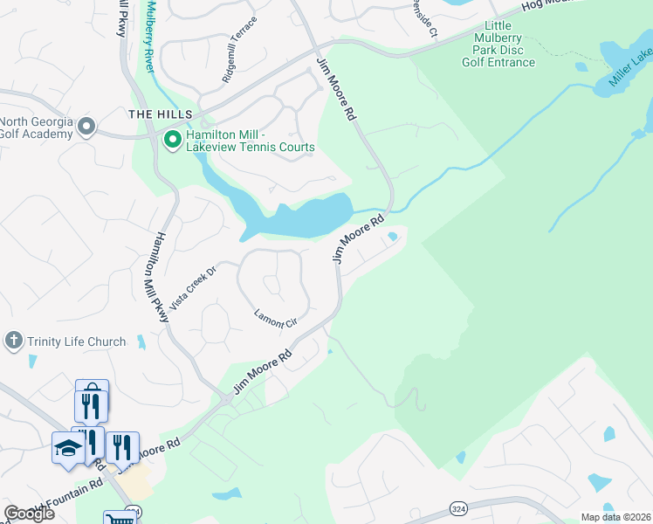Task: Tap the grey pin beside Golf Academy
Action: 86,128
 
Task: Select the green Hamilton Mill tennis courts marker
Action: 172,139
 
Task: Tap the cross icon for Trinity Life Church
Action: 13,341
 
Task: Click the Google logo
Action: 29,514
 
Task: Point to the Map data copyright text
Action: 615,517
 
